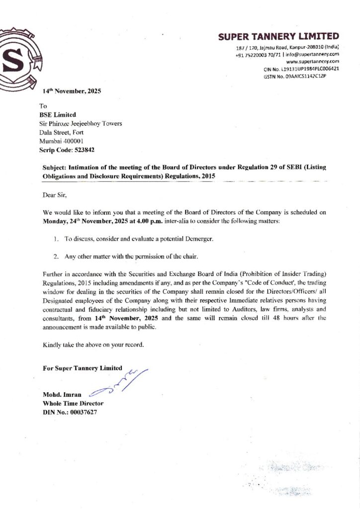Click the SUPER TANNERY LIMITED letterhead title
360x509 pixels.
point(278,36)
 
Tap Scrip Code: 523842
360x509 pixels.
point(67,149)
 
